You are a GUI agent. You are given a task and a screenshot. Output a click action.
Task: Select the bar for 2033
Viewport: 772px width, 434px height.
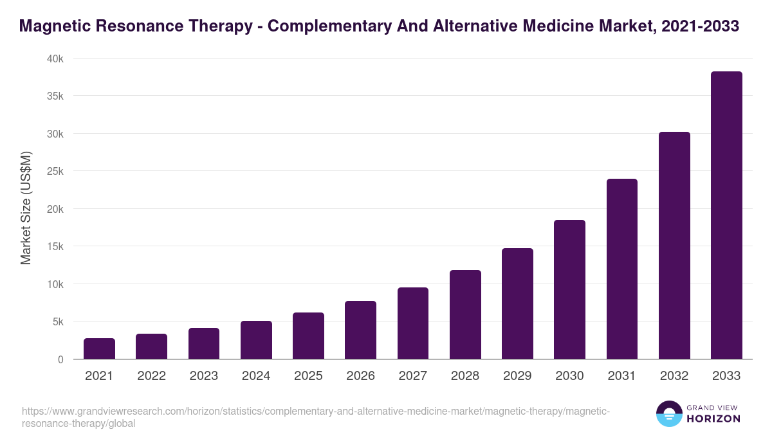[726, 215]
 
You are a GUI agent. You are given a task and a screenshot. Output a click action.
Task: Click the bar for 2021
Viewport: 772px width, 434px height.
[99, 348]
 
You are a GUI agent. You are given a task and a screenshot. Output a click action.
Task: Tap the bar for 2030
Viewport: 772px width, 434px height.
[569, 289]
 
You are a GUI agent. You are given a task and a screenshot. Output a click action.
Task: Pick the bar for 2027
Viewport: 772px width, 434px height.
[413, 323]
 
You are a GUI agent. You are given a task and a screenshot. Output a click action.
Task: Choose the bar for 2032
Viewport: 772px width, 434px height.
[674, 246]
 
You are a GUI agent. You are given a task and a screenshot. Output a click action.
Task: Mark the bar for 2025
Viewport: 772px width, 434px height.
[308, 336]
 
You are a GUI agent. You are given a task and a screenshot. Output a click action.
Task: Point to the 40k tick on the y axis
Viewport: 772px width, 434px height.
[56, 59]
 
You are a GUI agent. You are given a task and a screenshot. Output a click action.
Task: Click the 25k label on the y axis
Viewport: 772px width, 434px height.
[56, 172]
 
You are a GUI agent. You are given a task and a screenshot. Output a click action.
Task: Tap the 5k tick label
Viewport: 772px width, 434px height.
[59, 321]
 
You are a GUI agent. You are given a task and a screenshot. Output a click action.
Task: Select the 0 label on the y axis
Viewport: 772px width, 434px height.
[60, 359]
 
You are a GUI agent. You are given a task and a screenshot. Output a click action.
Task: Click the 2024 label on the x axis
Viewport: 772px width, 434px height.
[256, 376]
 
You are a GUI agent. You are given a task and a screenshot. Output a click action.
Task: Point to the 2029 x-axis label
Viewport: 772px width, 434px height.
[517, 376]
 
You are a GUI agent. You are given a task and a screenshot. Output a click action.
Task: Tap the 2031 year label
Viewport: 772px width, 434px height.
[622, 376]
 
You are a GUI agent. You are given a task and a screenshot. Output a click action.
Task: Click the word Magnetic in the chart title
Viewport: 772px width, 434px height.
[53, 26]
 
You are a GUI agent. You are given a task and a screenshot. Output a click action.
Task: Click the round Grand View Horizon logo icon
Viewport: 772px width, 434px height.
[668, 413]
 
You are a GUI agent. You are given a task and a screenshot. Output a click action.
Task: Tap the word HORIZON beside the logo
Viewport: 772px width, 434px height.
[713, 419]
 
